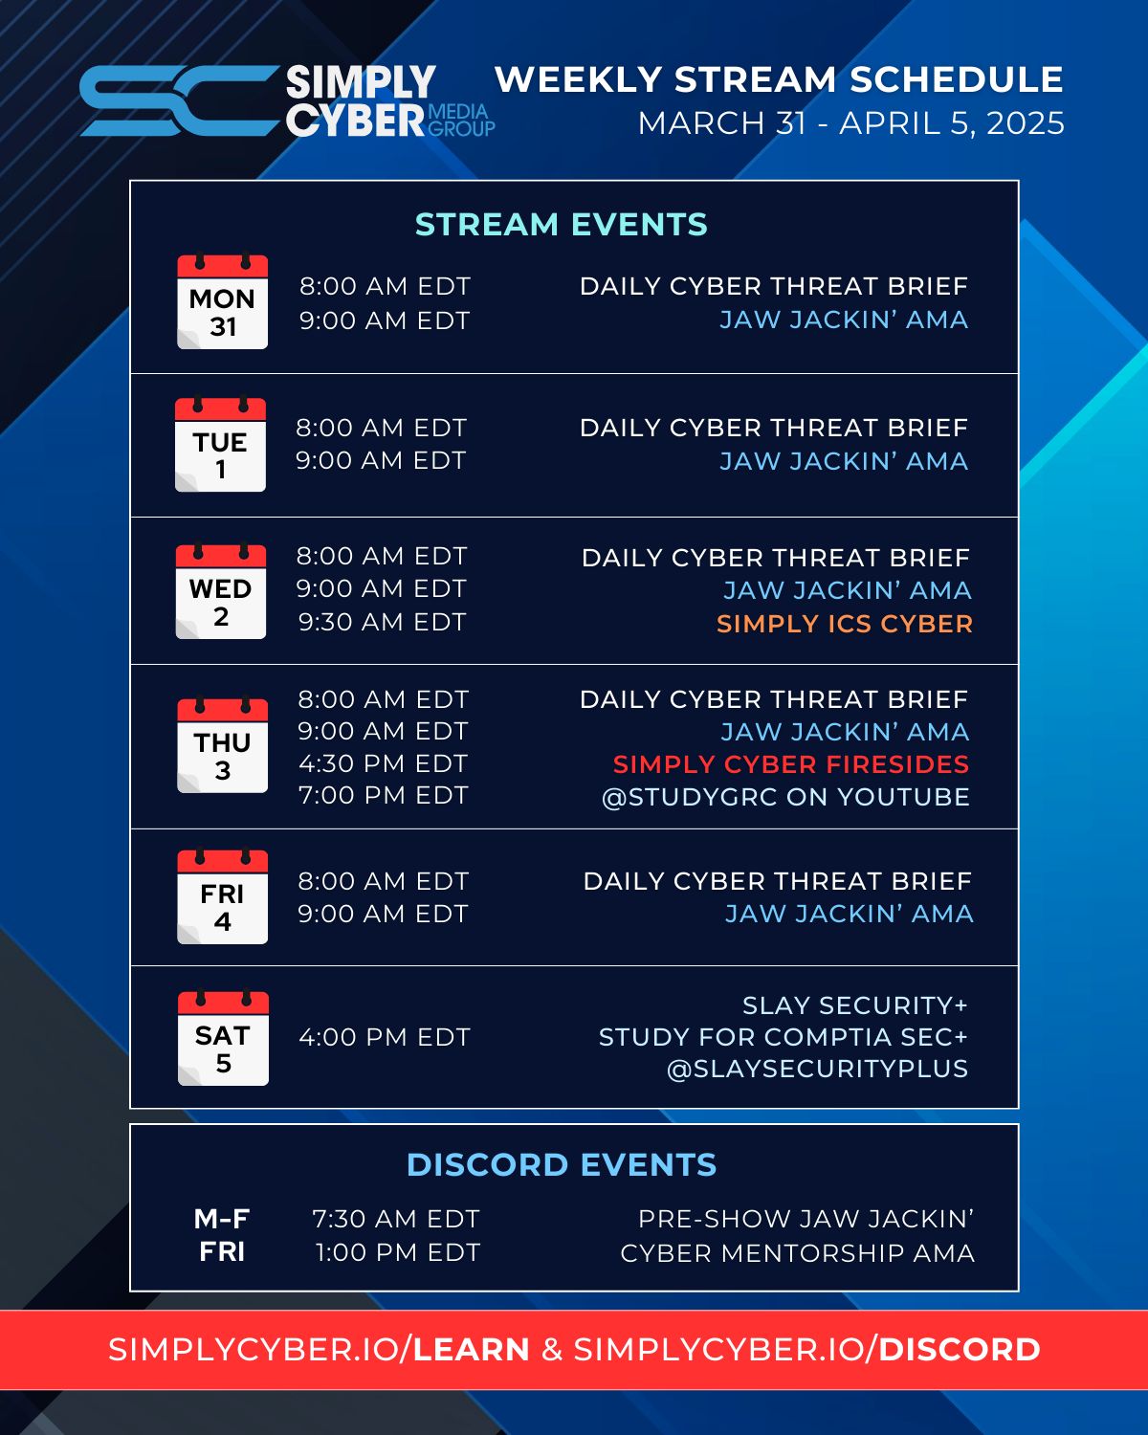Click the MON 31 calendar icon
[222, 301]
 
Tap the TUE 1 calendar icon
[220, 445]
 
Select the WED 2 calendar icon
[221, 591]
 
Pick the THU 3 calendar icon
[222, 745]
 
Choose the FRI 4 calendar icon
[222, 896]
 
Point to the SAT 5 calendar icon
[223, 1038]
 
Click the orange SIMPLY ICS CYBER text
[845, 624]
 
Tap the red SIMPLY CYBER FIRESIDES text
[791, 764]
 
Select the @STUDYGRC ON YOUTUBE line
[785, 797]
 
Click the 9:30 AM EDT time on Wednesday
[383, 622]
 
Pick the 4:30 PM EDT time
[383, 762]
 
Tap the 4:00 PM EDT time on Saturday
[385, 1037]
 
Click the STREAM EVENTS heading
[561, 224]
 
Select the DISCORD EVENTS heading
[562, 1165]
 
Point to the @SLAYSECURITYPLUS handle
[817, 1069]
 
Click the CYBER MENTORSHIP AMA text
[797, 1253]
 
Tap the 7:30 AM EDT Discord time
[396, 1219]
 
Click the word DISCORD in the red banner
[960, 1350]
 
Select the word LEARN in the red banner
[471, 1350]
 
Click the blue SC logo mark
[179, 100]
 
